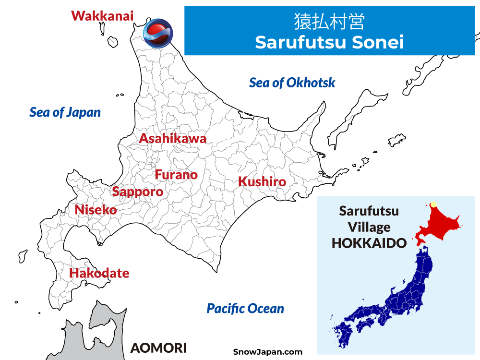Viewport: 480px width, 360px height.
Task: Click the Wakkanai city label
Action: pyautogui.click(x=102, y=15)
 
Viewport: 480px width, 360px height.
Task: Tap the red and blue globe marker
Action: pyautogui.click(x=157, y=33)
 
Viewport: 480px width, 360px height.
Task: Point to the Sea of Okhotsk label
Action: pyautogui.click(x=292, y=83)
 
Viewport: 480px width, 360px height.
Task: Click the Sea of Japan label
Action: pyautogui.click(x=65, y=112)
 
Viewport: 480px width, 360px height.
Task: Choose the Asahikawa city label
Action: pyautogui.click(x=172, y=139)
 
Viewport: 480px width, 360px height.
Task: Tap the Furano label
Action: pyautogui.click(x=176, y=175)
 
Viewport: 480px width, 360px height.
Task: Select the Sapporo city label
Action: pyautogui.click(x=137, y=192)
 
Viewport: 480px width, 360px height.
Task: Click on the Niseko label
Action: pyautogui.click(x=96, y=210)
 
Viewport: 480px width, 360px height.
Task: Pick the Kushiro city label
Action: pyautogui.click(x=262, y=182)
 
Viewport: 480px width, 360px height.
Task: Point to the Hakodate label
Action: pyautogui.click(x=99, y=273)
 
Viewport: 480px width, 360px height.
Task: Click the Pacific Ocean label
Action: pyautogui.click(x=245, y=309)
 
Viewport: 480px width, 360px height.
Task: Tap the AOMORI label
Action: pyautogui.click(x=158, y=348)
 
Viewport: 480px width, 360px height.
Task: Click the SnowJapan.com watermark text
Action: pyautogui.click(x=267, y=352)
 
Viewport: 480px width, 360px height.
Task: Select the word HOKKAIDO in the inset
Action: pyautogui.click(x=369, y=242)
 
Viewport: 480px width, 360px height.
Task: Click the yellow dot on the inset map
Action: pyautogui.click(x=433, y=204)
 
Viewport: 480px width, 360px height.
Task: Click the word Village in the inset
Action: pyautogui.click(x=369, y=227)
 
